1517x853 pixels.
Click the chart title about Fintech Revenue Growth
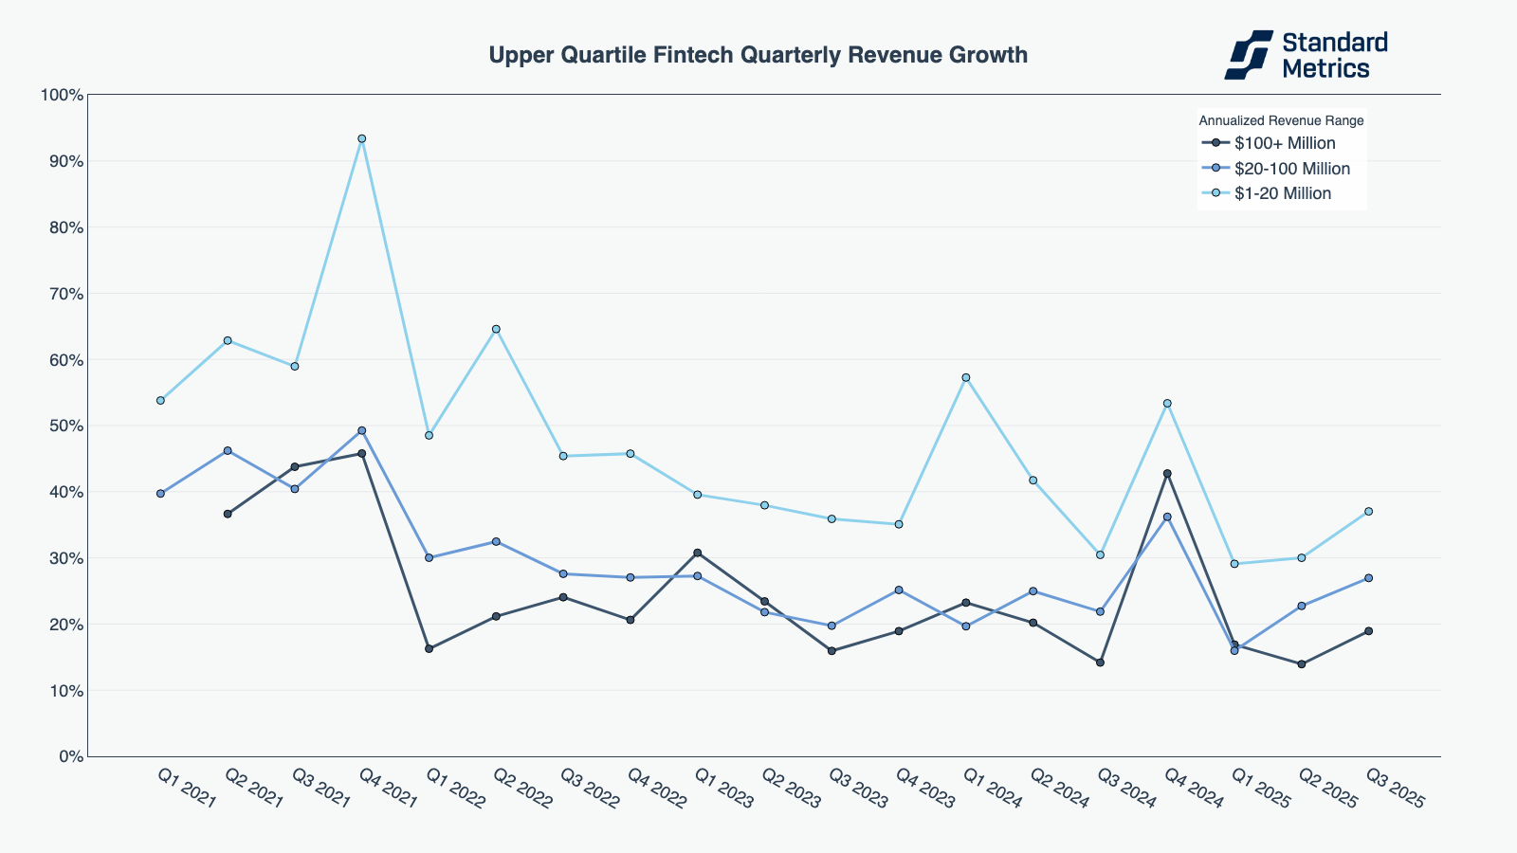[758, 55]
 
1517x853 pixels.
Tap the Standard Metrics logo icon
[1248, 55]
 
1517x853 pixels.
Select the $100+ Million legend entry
[1284, 144]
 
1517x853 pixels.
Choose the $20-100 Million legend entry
[1291, 169]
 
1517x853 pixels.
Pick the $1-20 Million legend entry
[1282, 193]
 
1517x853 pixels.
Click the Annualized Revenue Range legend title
[1281, 120]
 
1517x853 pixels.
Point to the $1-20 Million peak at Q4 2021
[361, 139]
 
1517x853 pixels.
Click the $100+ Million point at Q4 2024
[1167, 474]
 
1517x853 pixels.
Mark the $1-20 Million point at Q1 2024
[966, 377]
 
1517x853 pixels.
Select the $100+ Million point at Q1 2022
[429, 649]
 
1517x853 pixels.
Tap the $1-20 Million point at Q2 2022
[496, 329]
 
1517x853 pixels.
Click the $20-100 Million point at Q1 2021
[160, 494]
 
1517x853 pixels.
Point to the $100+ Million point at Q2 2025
[1301, 664]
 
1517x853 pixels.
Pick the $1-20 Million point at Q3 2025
[1368, 512]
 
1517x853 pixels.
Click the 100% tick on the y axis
[62, 95]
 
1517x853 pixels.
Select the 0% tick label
[70, 756]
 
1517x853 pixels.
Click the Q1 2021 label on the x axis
[187, 789]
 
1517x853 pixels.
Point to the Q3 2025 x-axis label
[1395, 789]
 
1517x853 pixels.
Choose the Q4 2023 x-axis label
[924, 789]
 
